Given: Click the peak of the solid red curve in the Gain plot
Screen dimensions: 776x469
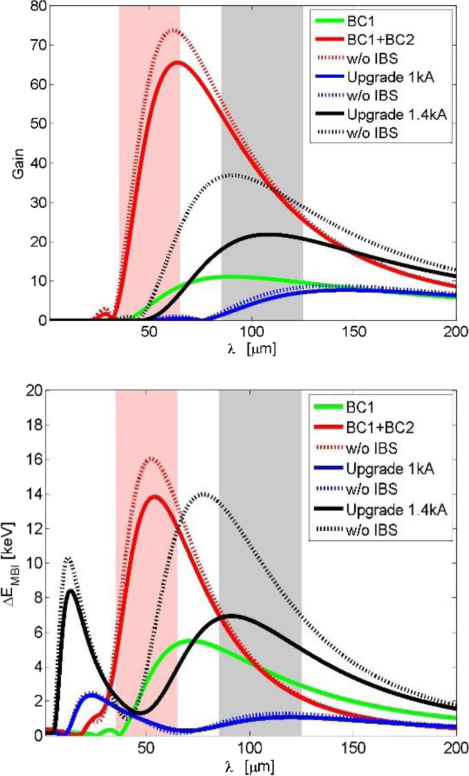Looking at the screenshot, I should [177, 62].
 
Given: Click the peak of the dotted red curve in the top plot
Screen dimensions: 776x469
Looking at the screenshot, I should [174, 29].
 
